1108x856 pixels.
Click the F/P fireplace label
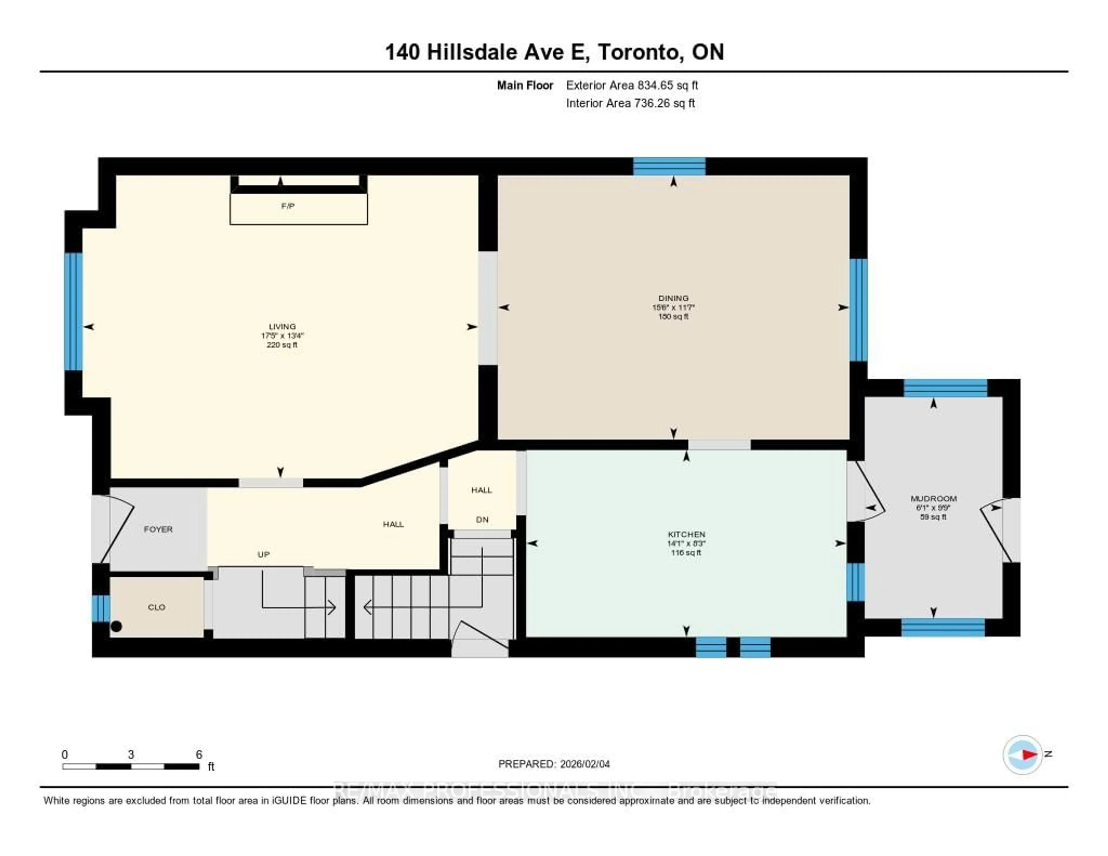pyautogui.click(x=288, y=206)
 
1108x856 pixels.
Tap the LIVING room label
pyautogui.click(x=282, y=326)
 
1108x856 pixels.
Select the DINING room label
pyautogui.click(x=673, y=298)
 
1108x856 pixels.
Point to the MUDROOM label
pyautogui.click(x=933, y=498)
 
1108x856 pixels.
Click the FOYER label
pyautogui.click(x=158, y=529)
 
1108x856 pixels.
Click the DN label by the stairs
pyautogui.click(x=482, y=519)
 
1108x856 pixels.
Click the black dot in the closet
pyautogui.click(x=116, y=626)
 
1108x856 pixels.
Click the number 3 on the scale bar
pyautogui.click(x=131, y=754)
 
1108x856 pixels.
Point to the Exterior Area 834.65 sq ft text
pyautogui.click(x=632, y=85)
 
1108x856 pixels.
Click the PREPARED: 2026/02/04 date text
pyautogui.click(x=554, y=764)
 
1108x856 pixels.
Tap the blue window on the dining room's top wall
pyautogui.click(x=669, y=167)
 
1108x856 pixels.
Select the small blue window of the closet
pyautogui.click(x=100, y=608)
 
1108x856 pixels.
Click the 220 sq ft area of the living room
pyautogui.click(x=282, y=345)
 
